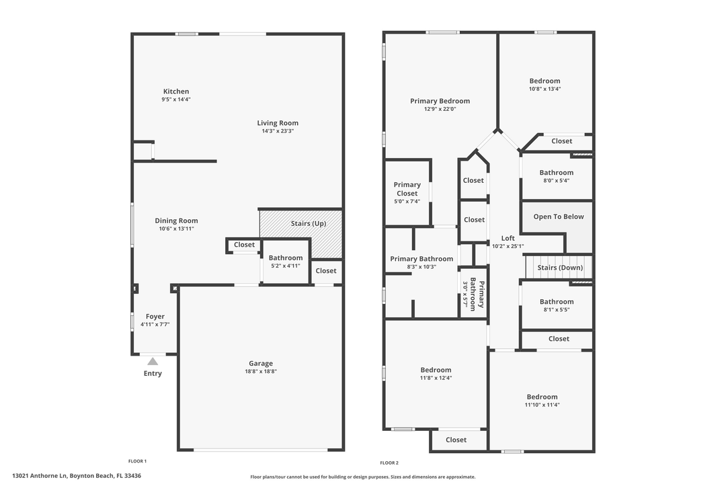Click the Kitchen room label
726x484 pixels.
[176, 91]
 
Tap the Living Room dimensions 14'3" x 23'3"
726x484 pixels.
[278, 131]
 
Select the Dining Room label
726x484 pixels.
[176, 220]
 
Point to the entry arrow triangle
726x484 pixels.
[153, 362]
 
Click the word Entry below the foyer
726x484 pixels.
[153, 374]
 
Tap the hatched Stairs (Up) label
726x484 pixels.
[309, 223]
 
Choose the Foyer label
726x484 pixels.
[155, 317]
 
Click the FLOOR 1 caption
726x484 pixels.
[137, 461]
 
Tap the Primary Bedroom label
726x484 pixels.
[440, 101]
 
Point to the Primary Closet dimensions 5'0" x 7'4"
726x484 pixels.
[407, 202]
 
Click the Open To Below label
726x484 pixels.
[559, 216]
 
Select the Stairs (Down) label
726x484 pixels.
[560, 268]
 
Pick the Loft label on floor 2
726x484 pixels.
[508, 238]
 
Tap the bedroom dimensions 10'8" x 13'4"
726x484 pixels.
[544, 89]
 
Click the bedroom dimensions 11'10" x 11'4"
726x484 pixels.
[542, 405]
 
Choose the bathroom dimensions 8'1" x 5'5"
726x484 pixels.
[557, 310]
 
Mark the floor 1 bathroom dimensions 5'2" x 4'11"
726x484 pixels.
[286, 266]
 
